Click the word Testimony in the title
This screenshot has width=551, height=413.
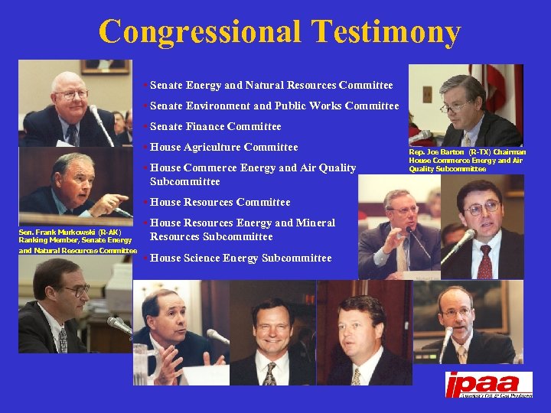click(386, 32)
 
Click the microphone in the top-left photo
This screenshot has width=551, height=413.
click(100, 122)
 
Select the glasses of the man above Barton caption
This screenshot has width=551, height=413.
click(456, 106)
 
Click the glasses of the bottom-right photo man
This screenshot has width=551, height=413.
click(456, 312)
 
